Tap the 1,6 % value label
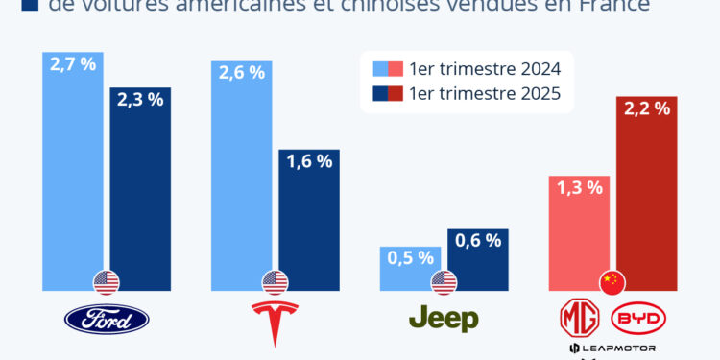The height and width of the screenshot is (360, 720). pyautogui.click(x=309, y=161)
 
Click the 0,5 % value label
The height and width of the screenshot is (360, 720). pyautogui.click(x=411, y=257)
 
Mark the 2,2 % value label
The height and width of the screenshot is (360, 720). pyautogui.click(x=647, y=108)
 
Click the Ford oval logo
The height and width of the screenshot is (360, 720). pyautogui.click(x=107, y=320)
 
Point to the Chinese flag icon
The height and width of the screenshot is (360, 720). pyautogui.click(x=612, y=282)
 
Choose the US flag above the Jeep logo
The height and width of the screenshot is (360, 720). pyautogui.click(x=444, y=282)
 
